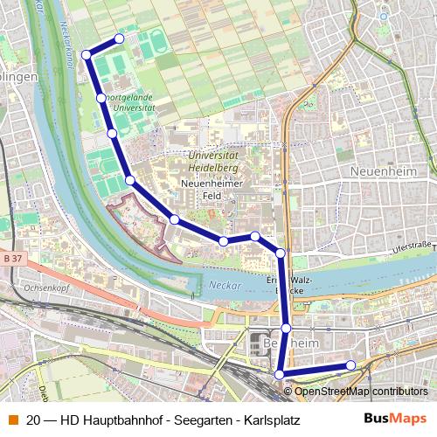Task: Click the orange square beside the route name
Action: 11,420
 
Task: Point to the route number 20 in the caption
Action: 32,420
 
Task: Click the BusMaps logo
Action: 395,419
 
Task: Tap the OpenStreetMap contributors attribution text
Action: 362,391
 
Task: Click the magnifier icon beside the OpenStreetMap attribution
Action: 288,391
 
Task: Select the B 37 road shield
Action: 11,259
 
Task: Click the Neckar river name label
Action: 222,285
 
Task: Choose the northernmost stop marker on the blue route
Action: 120,38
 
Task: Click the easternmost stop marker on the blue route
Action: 350,365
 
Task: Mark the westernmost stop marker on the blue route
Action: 87,55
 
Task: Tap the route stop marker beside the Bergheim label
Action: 286,328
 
